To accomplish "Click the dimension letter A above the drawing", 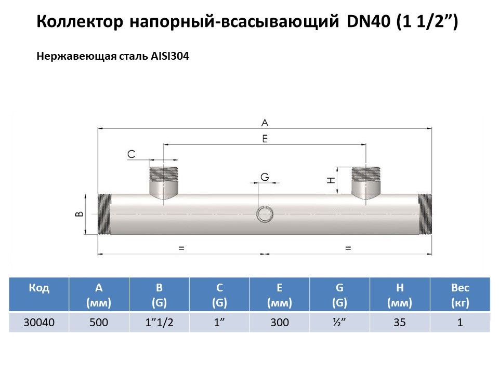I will coord(265,123).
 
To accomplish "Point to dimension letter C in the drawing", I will coord(131,154).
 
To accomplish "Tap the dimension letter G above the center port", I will coord(265,177).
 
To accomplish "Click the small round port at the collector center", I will coord(265,214).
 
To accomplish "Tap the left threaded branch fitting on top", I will coord(164,180).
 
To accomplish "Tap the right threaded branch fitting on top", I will coord(366,180).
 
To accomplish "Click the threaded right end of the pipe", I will coord(425,214).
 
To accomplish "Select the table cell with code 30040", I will coord(39,323).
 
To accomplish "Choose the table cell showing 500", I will coord(99,323).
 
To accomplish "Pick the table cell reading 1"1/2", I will coord(159,323).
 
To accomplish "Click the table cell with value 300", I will coord(280,323).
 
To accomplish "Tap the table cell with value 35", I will coord(400,323).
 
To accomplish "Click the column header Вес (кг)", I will coord(460,295).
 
